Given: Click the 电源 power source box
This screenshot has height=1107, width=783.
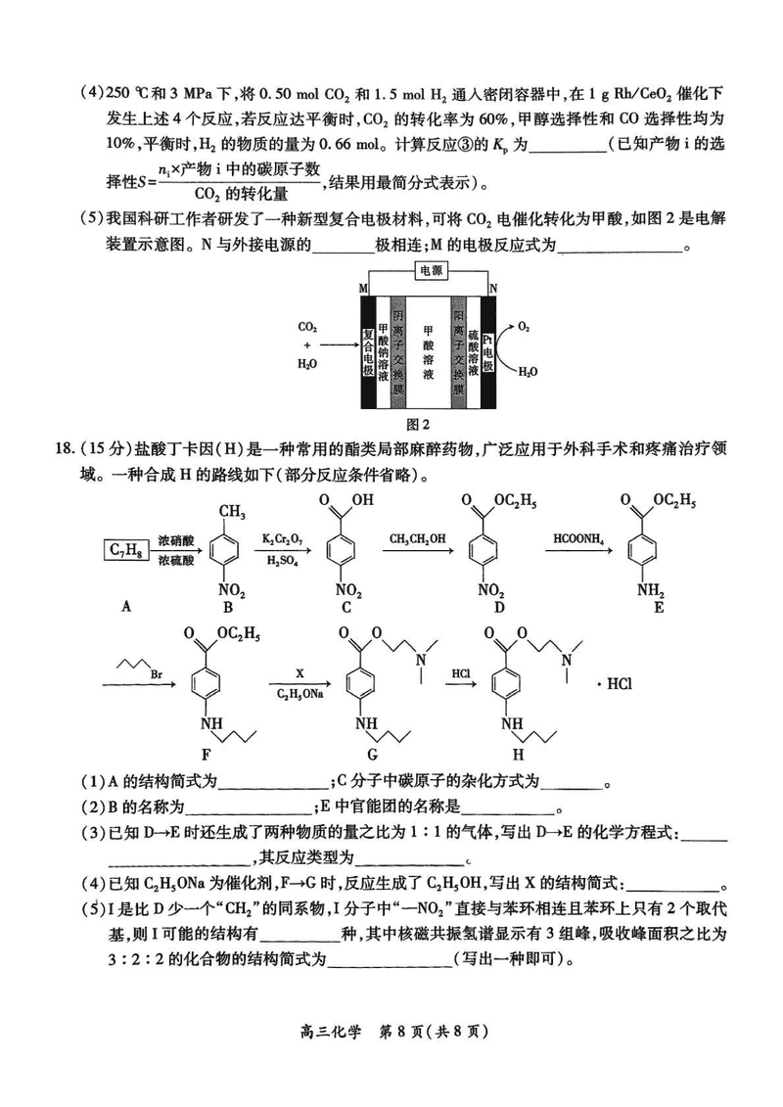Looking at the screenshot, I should (x=430, y=270).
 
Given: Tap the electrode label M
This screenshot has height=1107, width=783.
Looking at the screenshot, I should (x=364, y=287).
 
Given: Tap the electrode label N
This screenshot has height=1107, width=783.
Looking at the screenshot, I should (x=492, y=287).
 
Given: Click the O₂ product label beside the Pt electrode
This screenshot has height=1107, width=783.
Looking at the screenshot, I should (x=525, y=326).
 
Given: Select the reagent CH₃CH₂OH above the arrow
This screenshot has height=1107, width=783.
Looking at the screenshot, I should (x=417, y=539).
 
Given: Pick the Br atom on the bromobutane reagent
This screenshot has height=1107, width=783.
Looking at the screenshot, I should (x=156, y=672).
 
